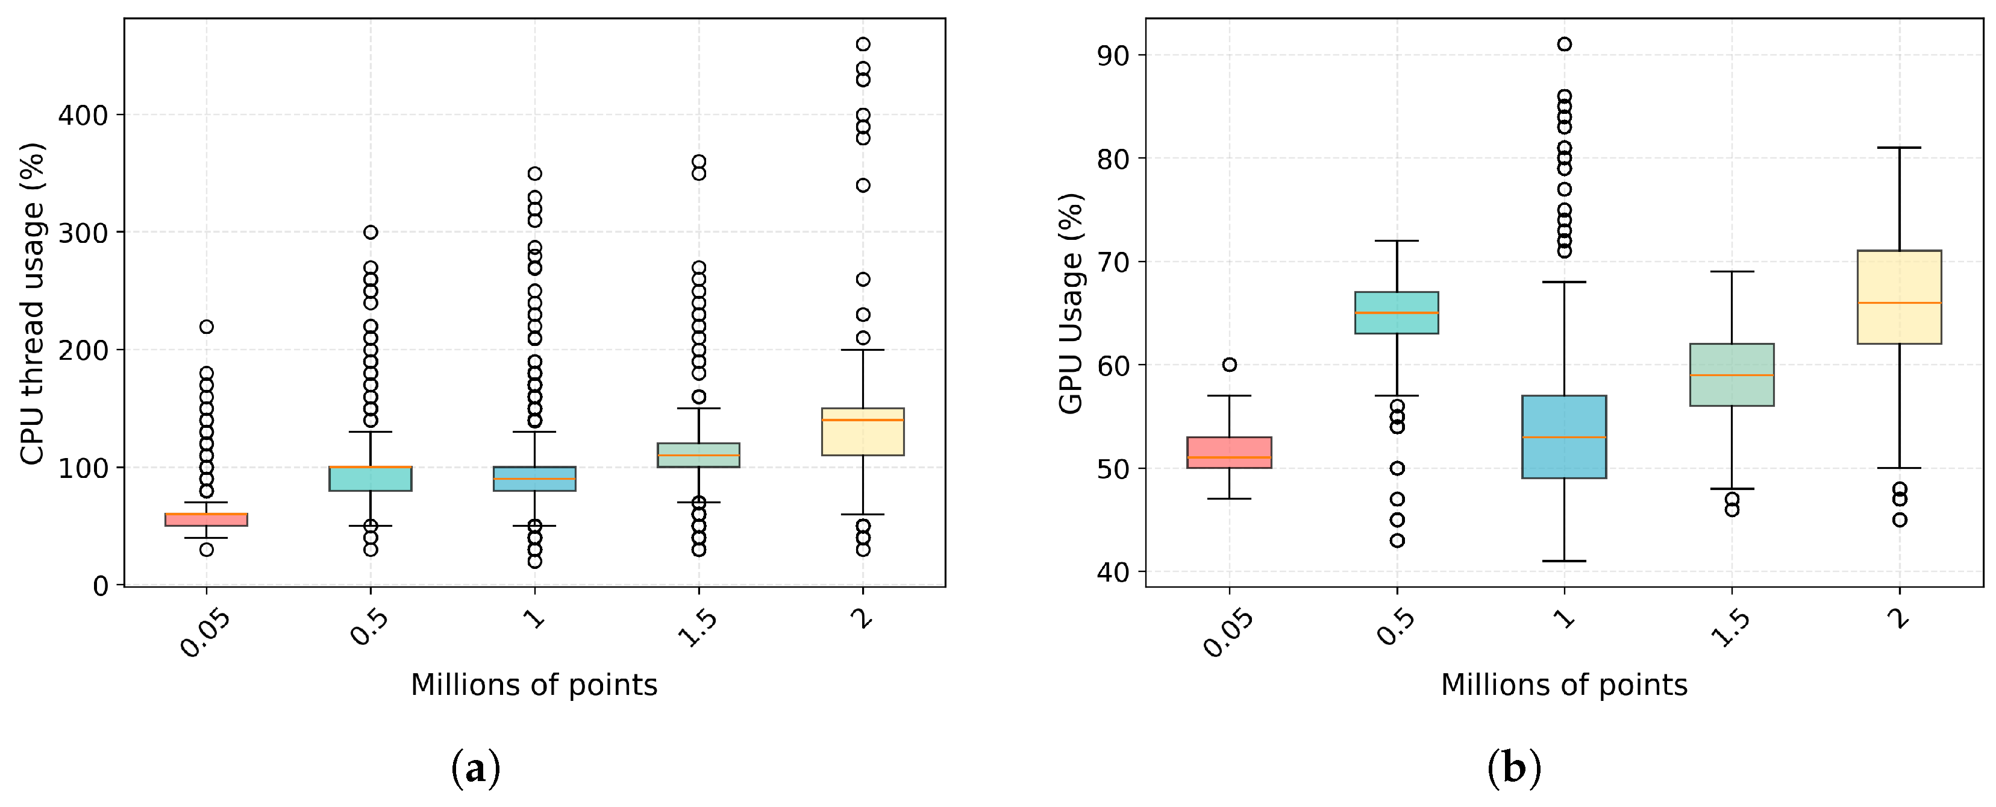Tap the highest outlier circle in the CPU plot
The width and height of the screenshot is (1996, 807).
coord(862,44)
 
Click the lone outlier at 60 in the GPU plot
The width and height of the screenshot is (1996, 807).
coord(1229,365)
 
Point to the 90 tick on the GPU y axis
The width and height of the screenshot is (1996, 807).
coord(1112,55)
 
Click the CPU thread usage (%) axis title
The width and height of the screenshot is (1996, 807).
coord(33,303)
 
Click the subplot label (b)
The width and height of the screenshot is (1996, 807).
coord(1513,768)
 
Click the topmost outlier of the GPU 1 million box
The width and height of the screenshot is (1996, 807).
coord(1565,44)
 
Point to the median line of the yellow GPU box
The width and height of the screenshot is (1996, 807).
coord(1899,303)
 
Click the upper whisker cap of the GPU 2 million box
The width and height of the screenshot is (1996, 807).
coord(1899,147)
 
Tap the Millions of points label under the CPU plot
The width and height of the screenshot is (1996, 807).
coord(533,685)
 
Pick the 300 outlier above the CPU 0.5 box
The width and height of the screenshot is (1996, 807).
coord(371,232)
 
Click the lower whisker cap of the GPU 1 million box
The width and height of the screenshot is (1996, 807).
coord(1565,561)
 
